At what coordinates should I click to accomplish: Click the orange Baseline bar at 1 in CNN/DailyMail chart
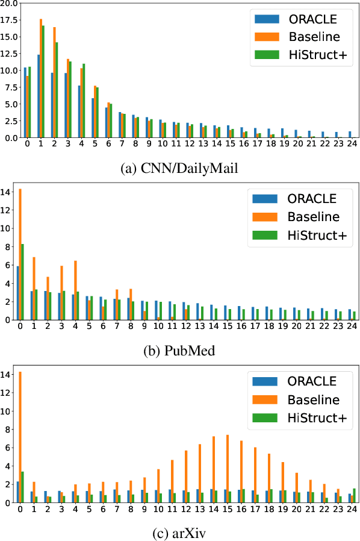[41, 78]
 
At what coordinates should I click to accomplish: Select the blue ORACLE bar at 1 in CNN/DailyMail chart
[38, 96]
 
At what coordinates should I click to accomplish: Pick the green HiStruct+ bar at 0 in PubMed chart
[23, 282]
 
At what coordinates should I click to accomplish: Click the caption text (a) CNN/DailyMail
[180, 167]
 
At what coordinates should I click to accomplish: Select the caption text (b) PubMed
[180, 350]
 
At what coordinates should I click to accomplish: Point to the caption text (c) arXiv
[180, 533]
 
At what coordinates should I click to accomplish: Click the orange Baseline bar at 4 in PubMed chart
[75, 290]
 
